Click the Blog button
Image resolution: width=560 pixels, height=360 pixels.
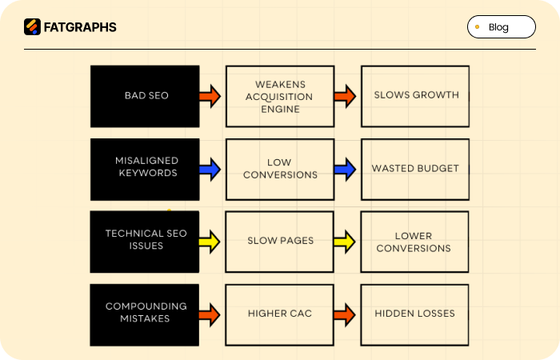point(501,27)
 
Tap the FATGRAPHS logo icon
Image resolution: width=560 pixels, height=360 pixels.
point(32,27)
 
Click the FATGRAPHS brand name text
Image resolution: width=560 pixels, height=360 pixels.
point(80,27)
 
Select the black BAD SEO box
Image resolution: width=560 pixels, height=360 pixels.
point(145,96)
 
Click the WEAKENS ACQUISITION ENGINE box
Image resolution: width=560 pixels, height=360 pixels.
point(279,96)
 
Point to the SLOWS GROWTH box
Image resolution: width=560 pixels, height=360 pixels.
point(415,96)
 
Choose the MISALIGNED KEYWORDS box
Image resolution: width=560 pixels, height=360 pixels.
point(145,169)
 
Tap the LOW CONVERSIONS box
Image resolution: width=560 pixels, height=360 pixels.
point(279,169)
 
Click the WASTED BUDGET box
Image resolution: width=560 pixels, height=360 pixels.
point(415,169)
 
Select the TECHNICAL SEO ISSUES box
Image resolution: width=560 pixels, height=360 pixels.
point(145,241)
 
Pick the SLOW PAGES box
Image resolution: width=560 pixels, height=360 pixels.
point(279,241)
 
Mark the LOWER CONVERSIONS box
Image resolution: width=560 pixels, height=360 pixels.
point(415,241)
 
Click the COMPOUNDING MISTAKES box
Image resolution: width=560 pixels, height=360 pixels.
point(145,314)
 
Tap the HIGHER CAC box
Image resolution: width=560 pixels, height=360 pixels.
point(279,314)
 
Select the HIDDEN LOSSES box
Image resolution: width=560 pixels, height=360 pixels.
point(415,314)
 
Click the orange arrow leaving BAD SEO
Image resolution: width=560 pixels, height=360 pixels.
point(210,96)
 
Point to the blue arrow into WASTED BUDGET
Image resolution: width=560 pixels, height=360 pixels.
point(345,169)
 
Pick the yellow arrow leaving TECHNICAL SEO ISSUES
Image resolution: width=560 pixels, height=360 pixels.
point(210,241)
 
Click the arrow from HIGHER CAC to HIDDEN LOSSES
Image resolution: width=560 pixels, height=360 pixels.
point(345,314)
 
